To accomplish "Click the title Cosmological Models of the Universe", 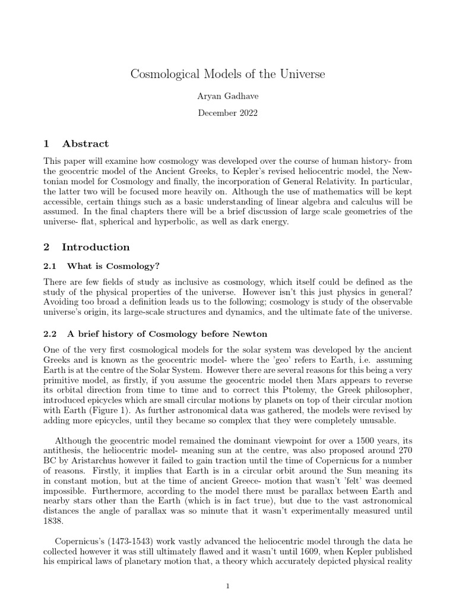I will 228,75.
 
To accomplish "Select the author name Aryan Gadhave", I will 228,96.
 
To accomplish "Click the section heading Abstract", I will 86,144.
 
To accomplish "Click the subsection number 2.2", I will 52,334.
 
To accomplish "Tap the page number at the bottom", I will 228,587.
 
